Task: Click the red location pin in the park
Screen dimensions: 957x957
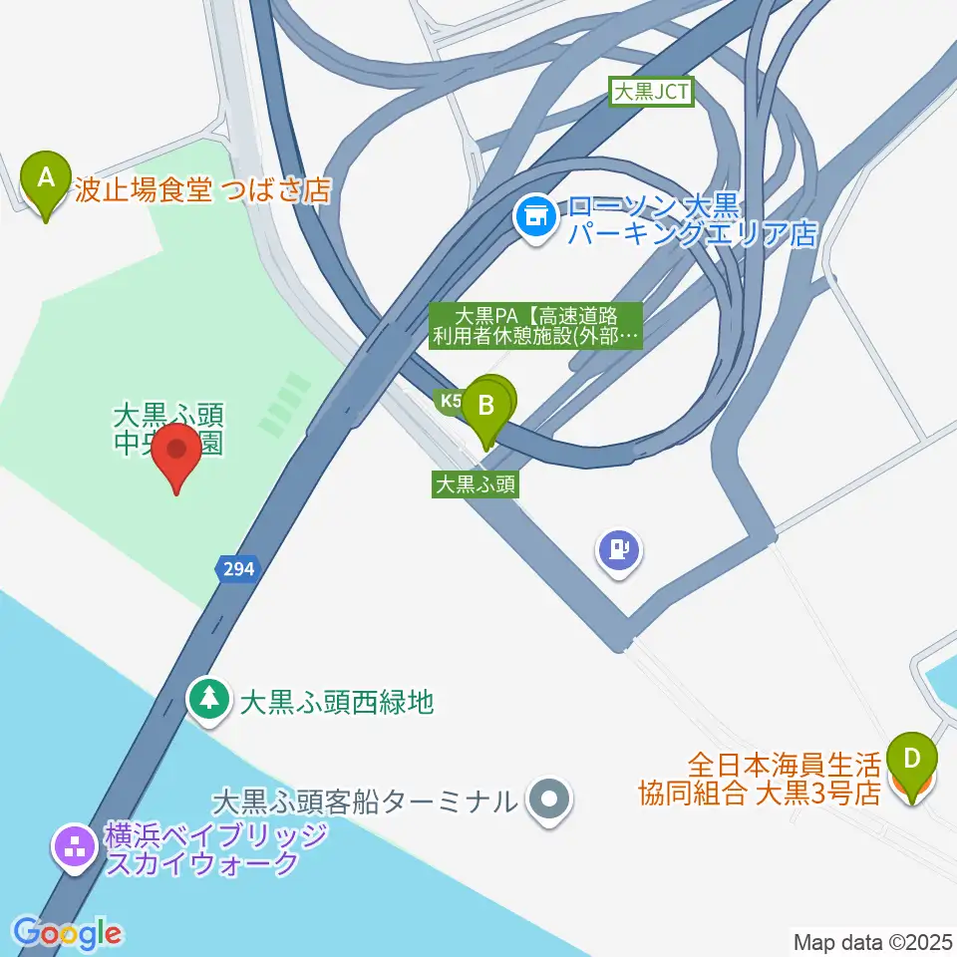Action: [177, 454]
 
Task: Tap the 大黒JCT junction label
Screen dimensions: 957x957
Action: [651, 94]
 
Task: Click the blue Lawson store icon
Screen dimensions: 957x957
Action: [536, 214]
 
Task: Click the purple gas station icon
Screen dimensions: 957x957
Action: [619, 549]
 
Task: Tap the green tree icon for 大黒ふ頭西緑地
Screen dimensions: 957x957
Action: [209, 699]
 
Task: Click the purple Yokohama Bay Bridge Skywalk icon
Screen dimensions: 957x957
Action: [73, 849]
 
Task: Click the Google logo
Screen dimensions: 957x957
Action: [67, 933]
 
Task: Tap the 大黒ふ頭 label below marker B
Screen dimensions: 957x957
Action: [475, 484]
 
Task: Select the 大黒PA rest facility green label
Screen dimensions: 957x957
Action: [535, 325]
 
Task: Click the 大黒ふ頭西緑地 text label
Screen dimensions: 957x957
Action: [337, 702]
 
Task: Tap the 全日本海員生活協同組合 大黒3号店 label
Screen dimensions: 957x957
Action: [759, 779]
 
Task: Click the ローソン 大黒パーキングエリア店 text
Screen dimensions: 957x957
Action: [692, 220]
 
